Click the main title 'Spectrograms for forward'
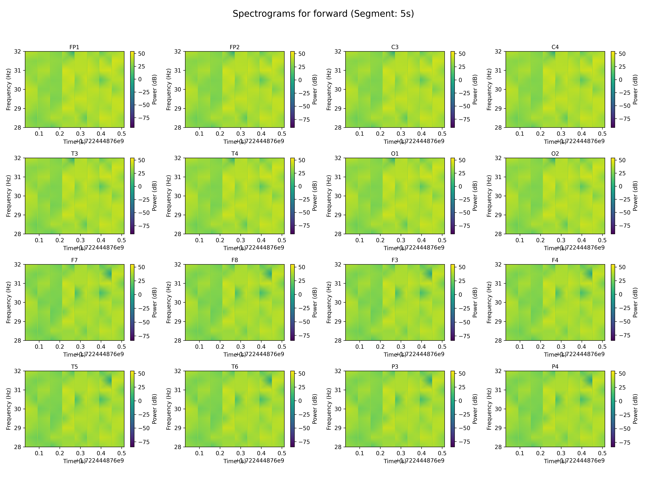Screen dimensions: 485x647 click(323, 14)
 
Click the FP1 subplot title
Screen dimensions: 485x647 click(74, 47)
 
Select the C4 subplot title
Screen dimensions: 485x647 click(555, 47)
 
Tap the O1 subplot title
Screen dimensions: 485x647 click(395, 153)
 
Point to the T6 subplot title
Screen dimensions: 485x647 click(235, 367)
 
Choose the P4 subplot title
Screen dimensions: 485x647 click(555, 367)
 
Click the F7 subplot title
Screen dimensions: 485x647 click(74, 260)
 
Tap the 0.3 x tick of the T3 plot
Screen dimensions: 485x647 click(80, 240)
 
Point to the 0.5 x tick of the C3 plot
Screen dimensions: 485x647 click(442, 134)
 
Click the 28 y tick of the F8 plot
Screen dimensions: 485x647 click(178, 340)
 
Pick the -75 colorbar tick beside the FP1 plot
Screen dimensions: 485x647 click(144, 118)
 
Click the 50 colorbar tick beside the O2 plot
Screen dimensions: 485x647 click(622, 160)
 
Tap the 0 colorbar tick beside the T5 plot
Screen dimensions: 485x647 click(140, 401)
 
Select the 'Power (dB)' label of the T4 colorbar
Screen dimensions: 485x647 click(315, 196)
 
